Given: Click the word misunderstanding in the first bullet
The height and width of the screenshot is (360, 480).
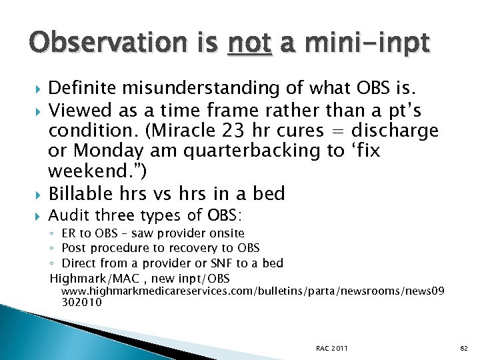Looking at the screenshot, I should (x=192, y=88).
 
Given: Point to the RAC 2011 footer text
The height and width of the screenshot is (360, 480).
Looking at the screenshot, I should (x=331, y=348).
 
